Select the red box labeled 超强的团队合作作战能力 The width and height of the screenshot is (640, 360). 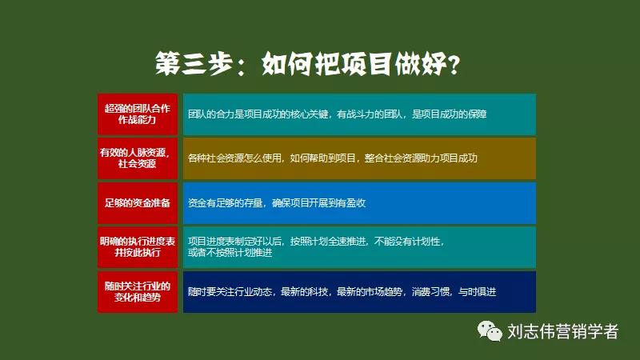138,114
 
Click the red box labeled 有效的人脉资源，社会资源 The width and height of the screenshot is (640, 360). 138,158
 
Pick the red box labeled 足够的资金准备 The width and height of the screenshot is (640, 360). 138,202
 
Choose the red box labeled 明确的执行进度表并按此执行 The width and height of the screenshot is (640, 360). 138,246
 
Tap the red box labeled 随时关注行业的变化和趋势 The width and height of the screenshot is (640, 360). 138,291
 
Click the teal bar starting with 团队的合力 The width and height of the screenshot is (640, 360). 359,114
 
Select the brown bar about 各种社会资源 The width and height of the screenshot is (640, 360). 359,158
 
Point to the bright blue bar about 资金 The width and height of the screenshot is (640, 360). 359,202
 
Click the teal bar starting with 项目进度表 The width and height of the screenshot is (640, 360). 359,246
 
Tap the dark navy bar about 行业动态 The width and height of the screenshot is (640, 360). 359,291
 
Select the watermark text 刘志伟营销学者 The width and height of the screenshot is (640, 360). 563,331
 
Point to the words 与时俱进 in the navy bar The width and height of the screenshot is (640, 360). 477,292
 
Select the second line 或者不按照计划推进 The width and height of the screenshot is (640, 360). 230,253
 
